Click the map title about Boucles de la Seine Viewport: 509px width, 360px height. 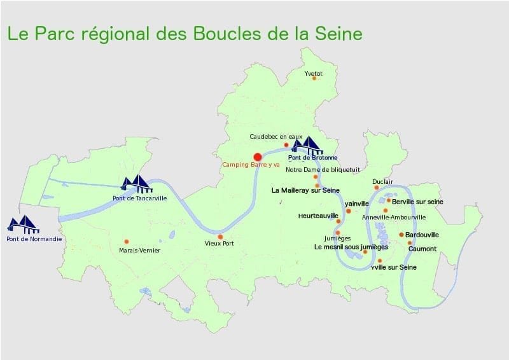184,34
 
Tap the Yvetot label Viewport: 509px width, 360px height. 313,74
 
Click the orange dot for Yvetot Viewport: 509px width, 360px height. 314,78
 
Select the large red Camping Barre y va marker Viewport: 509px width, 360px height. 258,156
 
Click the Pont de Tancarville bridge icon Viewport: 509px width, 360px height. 137,184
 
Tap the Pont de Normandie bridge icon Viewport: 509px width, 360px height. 24,224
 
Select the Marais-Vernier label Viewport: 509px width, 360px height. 139,251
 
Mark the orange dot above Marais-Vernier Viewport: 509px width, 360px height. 127,242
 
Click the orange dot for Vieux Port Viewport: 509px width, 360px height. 220,237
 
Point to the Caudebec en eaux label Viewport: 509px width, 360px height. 275,136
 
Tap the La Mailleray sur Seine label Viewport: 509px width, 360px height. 304,190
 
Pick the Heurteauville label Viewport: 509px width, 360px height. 318,216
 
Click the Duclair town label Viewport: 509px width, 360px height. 384,181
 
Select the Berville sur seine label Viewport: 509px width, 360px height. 417,202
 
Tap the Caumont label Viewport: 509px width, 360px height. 422,249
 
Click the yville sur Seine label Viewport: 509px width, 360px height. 393,267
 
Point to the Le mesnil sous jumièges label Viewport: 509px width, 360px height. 351,247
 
